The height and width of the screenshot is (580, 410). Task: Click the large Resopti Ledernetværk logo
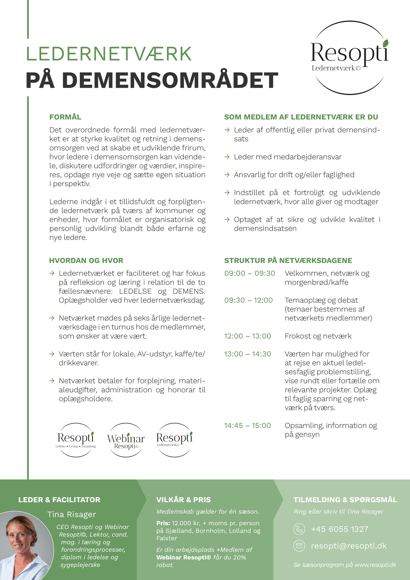tap(350, 57)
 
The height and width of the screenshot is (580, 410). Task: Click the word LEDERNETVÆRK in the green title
tap(109, 54)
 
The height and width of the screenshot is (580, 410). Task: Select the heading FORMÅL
tap(65, 117)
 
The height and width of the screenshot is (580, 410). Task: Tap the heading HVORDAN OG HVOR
tap(86, 260)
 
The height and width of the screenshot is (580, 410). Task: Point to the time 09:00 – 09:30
tap(249, 273)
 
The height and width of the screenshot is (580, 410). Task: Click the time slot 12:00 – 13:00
tap(248, 336)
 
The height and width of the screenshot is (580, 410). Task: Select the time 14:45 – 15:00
tap(248, 426)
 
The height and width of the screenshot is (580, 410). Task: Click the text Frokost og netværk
tap(318, 336)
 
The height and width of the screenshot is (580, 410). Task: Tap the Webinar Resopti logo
tap(126, 440)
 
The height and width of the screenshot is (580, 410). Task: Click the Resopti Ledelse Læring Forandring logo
tap(76, 440)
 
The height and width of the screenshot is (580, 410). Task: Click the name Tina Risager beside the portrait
tap(71, 514)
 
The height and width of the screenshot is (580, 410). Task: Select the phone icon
tap(299, 529)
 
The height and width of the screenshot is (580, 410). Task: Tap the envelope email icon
tap(299, 546)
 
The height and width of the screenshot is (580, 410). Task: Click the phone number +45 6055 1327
tap(339, 529)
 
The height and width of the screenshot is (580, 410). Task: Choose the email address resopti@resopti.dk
tap(348, 546)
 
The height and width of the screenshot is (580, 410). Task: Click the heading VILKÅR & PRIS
tap(183, 500)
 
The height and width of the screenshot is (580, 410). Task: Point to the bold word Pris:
tap(163, 523)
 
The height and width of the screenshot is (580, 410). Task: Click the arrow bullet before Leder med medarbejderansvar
tap(227, 157)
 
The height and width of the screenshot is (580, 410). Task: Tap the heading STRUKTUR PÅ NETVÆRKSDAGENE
tap(288, 260)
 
